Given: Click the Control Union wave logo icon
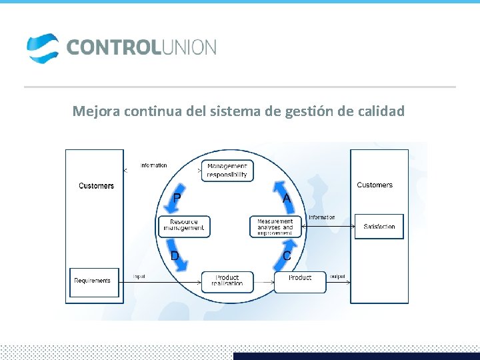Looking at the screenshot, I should [43, 48].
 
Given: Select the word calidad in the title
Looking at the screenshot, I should [381, 111].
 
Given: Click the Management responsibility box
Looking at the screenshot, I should [227, 170].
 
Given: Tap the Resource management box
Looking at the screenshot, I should [184, 226].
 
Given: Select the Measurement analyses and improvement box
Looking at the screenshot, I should [275, 227].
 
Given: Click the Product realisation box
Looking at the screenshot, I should [227, 281].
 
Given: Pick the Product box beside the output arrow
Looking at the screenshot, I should [300, 281].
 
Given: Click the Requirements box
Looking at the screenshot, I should [93, 281].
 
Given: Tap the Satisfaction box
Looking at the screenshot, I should [379, 227].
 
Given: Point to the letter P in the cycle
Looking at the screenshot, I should [177, 198].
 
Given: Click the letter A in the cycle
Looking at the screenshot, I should [286, 198].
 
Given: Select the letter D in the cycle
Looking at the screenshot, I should [175, 256].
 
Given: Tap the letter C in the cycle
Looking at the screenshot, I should [287, 256].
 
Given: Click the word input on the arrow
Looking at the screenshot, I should [139, 276].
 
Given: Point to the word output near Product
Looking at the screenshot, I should [338, 276].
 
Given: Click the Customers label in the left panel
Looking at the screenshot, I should [96, 186].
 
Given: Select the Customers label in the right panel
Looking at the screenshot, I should [375, 185].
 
